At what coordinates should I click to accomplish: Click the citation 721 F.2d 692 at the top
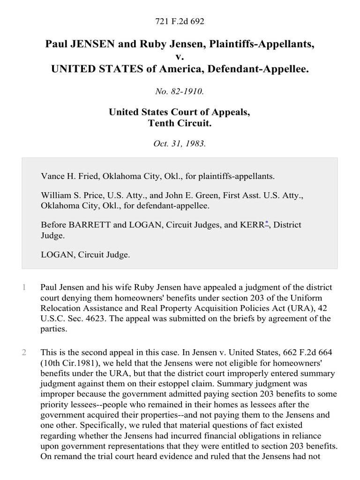[180, 22]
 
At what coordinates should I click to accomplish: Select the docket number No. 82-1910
[180, 92]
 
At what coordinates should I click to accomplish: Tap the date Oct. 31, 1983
[180, 144]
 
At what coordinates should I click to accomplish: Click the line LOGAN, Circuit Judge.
[85, 255]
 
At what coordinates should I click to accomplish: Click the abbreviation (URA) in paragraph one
[296, 308]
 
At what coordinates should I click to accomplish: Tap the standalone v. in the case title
[180, 57]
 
